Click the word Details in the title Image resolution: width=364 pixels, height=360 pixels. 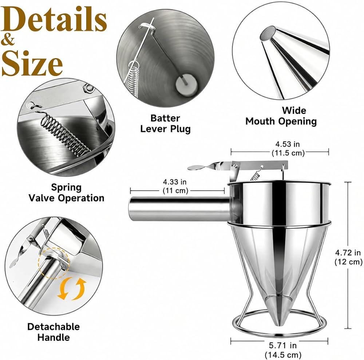click(54, 19)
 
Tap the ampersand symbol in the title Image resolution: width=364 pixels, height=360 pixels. click(8, 40)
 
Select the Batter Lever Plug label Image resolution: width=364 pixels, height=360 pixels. click(165, 124)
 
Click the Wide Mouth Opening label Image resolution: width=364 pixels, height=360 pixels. click(281, 116)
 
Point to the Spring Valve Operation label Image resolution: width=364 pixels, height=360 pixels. click(66, 193)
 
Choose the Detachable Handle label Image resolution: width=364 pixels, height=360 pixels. click(54, 332)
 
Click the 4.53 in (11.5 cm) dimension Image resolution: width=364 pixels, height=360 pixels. click(288, 148)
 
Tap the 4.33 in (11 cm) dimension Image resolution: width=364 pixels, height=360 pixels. click(175, 186)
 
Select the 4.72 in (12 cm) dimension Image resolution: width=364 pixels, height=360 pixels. click(348, 257)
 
